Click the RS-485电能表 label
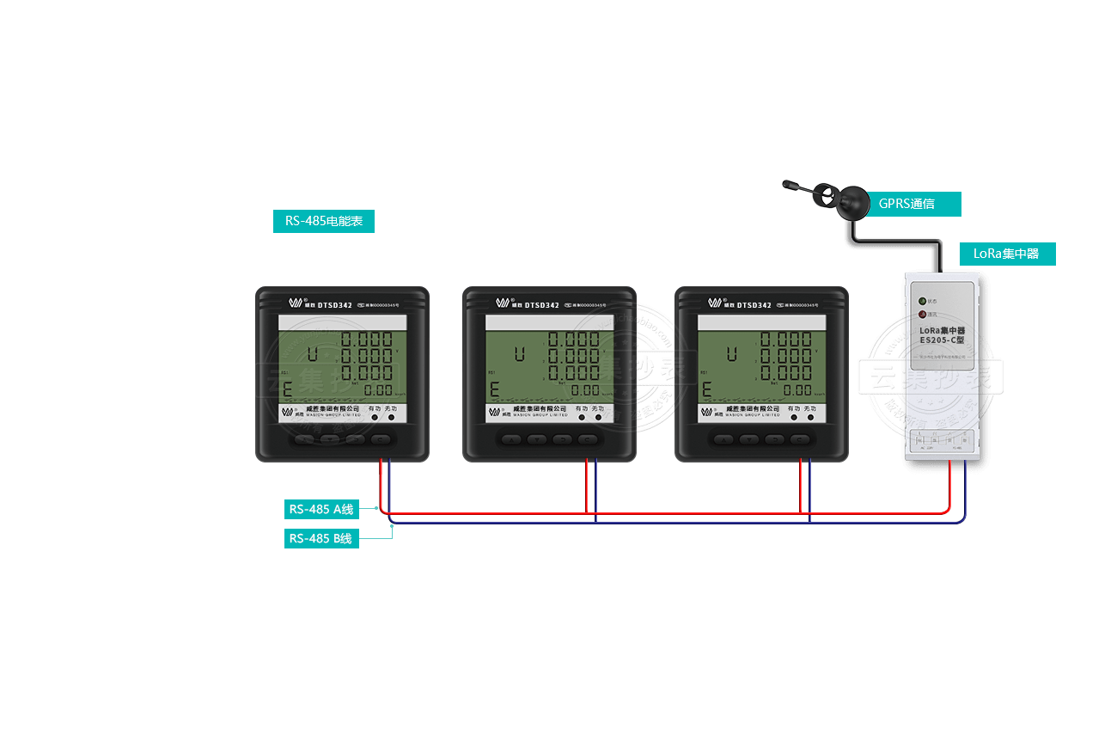click(324, 221)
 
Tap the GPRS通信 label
click(906, 204)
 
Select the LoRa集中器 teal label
click(1006, 254)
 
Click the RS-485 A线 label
click(321, 509)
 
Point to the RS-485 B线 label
click(321, 538)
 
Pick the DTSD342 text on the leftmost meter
click(335, 304)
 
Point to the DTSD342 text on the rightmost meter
click(754, 304)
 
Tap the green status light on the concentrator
click(922, 301)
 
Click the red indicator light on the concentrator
click(922, 315)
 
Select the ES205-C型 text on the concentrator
click(942, 340)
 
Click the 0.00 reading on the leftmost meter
click(377, 390)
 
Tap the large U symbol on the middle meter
click(519, 354)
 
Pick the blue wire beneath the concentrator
click(964, 490)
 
